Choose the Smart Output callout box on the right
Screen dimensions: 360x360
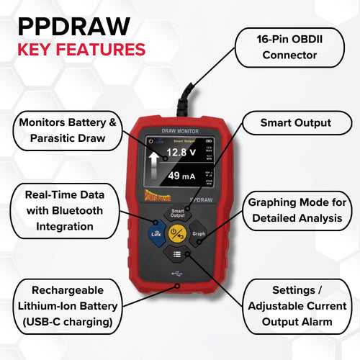tap(295, 123)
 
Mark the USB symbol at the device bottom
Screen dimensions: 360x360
tap(178, 274)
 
